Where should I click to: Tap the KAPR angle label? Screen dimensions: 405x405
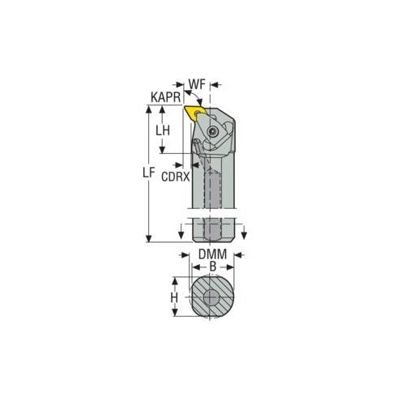165,96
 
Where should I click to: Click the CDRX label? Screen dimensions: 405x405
176,176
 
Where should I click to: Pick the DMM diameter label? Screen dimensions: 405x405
212,254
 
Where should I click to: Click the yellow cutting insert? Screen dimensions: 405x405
195,113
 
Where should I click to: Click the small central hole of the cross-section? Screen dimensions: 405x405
212,298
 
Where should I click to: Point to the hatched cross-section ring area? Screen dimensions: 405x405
198,308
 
